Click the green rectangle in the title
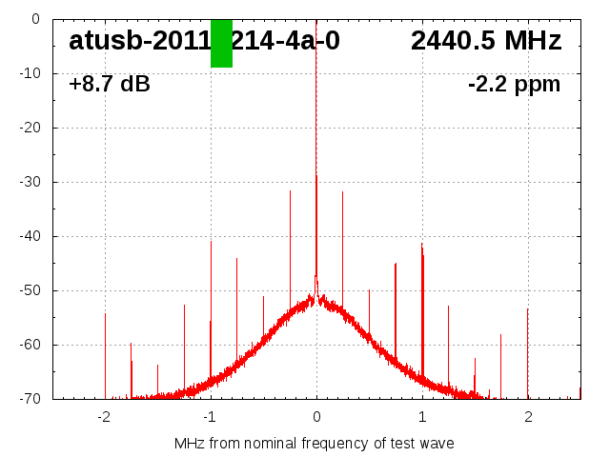click(x=221, y=43)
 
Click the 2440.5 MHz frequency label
click(x=486, y=41)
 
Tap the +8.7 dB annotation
click(x=110, y=85)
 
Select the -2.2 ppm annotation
click(x=514, y=85)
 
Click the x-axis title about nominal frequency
click(x=315, y=444)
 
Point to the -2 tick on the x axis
click(x=104, y=416)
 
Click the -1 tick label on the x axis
click(x=210, y=416)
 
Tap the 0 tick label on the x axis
click(x=316, y=416)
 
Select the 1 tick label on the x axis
click(x=422, y=416)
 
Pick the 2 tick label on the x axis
click(x=528, y=416)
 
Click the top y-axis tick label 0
click(x=34, y=19)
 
